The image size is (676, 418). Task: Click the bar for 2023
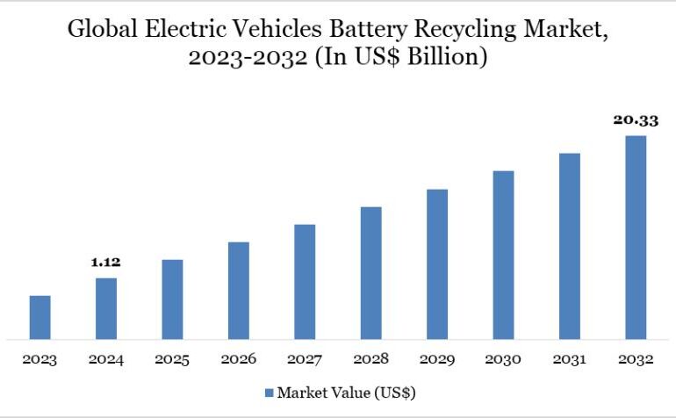click(40, 317)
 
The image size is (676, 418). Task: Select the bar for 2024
click(106, 308)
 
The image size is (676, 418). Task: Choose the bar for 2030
click(503, 255)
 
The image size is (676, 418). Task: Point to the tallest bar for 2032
click(636, 237)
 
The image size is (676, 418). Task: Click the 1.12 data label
click(105, 263)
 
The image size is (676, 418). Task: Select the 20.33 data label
click(636, 119)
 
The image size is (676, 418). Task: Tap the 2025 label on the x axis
click(172, 359)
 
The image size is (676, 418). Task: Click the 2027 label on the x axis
click(305, 359)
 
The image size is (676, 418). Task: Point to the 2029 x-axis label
click(437, 359)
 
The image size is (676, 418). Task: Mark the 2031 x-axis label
click(570, 359)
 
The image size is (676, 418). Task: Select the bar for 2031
click(570, 246)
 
